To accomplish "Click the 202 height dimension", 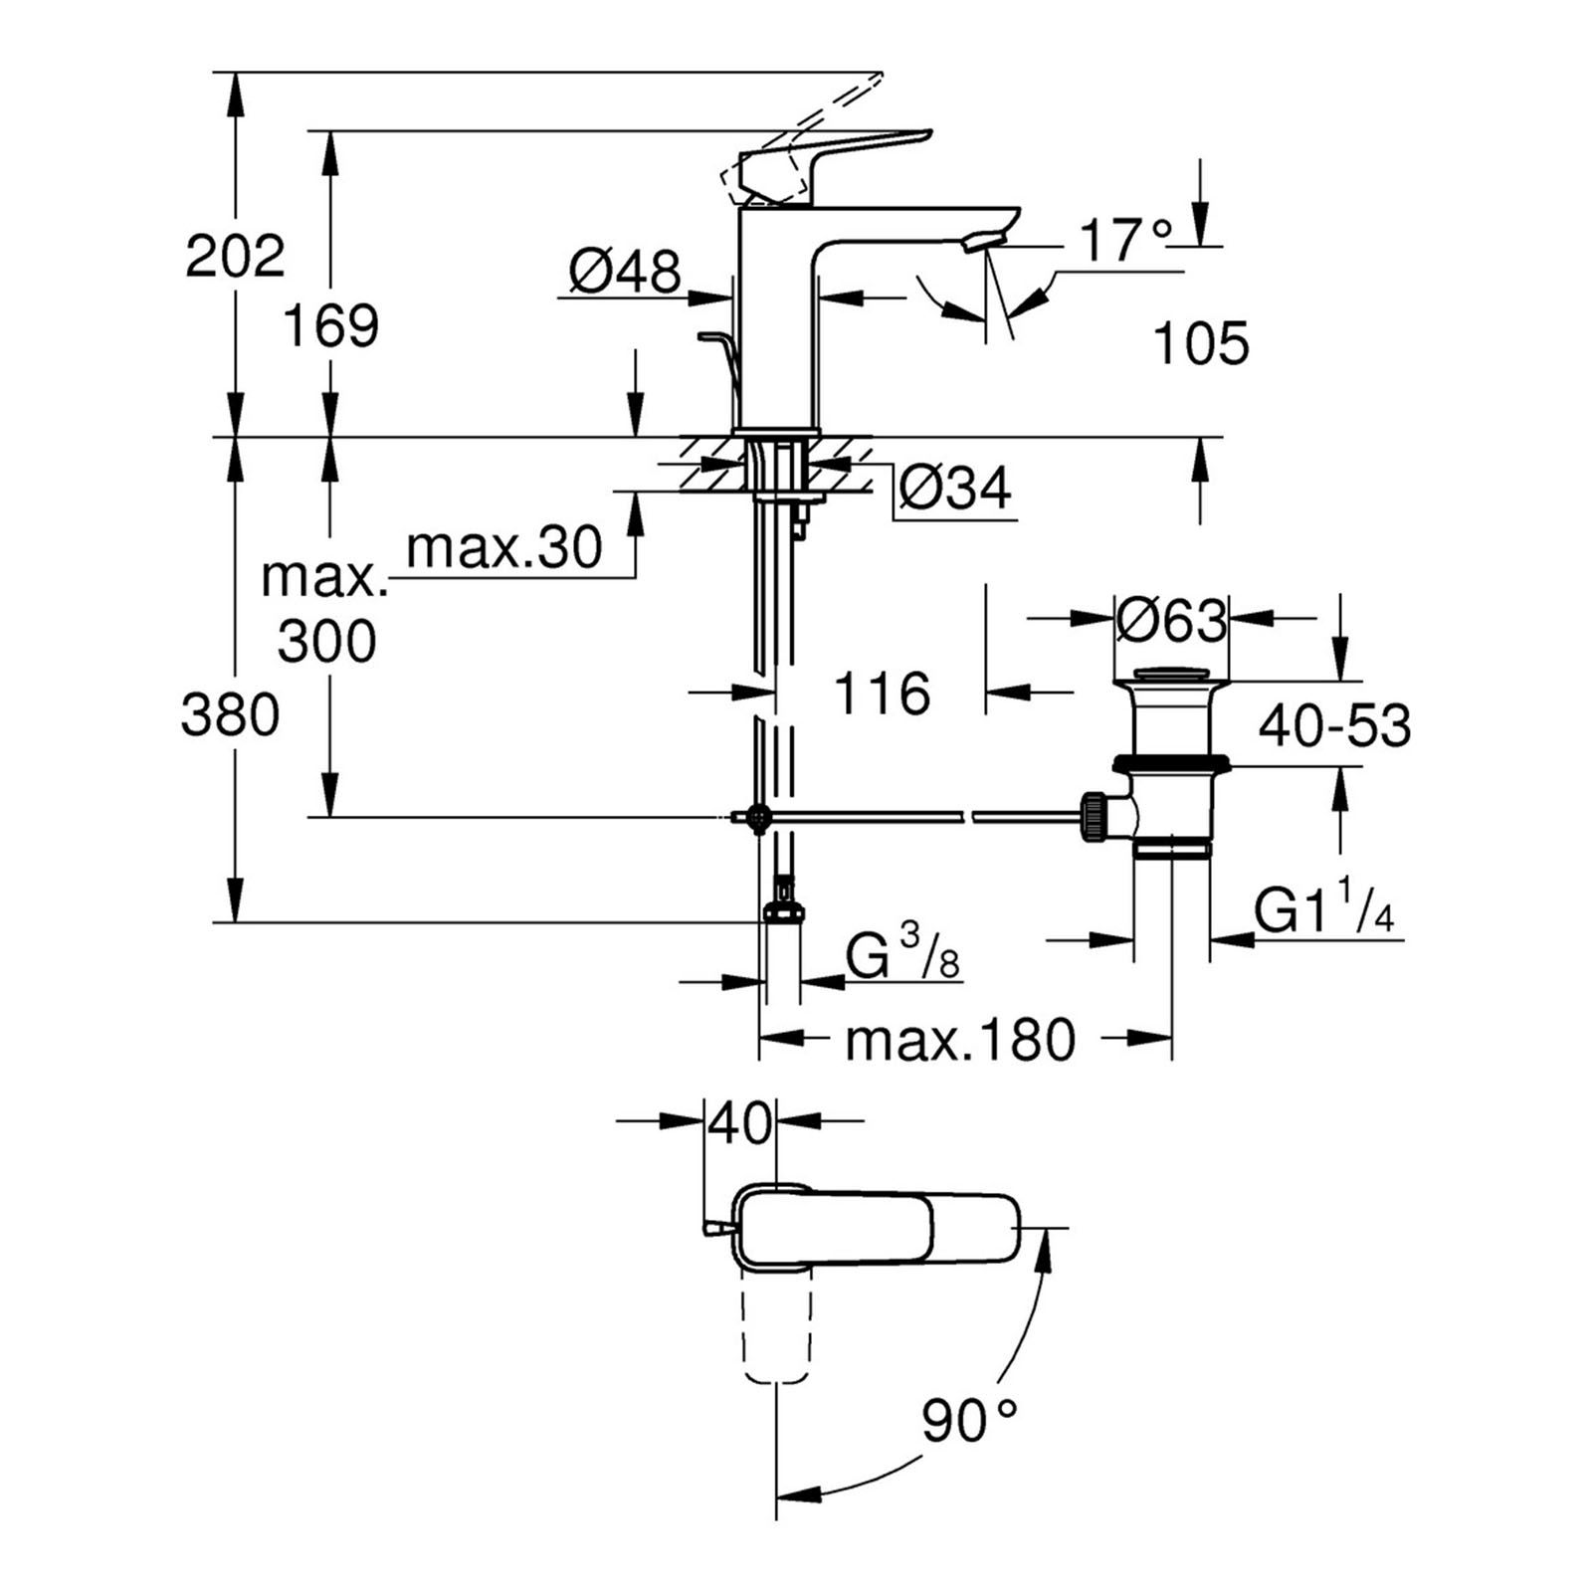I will (235, 256).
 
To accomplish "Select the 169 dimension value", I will (330, 325).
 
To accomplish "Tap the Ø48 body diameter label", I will (625, 270).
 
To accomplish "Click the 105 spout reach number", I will (1200, 344).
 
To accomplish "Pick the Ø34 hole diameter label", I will (954, 488).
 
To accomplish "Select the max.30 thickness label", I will (504, 547).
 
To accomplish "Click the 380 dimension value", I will (230, 714).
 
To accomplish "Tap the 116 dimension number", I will (882, 693).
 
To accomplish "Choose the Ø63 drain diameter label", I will (1171, 621).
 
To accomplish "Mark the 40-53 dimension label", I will (1334, 725).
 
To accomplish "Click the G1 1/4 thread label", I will (1322, 910).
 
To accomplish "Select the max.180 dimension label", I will (960, 1040).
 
